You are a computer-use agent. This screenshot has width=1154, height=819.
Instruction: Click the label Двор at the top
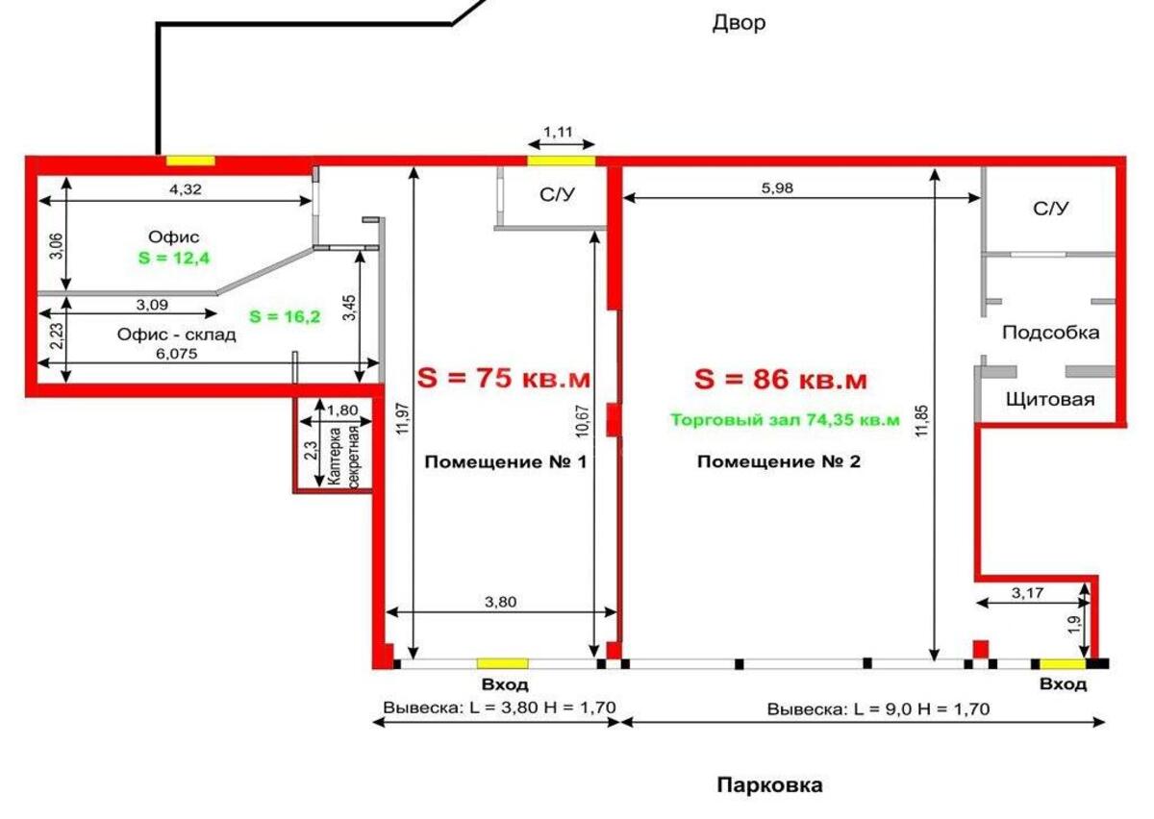(x=739, y=23)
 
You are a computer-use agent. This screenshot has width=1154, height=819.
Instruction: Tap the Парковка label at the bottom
(x=769, y=785)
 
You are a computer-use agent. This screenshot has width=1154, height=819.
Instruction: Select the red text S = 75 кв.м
(x=504, y=379)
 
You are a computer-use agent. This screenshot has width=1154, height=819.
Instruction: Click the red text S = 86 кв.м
(x=780, y=380)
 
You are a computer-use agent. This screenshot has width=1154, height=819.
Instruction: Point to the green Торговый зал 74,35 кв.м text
(x=785, y=419)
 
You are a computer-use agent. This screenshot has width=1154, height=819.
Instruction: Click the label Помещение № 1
(x=505, y=462)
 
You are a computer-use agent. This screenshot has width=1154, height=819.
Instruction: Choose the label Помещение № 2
(x=779, y=462)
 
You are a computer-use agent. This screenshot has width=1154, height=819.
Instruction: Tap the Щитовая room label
(x=1049, y=399)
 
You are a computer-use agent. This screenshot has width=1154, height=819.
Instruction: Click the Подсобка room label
(x=1050, y=333)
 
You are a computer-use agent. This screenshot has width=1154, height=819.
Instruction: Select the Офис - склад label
(x=176, y=335)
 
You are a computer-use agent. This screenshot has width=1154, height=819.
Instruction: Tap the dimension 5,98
(x=777, y=188)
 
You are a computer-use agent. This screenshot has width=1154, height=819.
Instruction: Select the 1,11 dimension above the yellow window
(x=560, y=131)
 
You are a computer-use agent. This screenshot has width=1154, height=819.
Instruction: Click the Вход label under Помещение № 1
(x=505, y=684)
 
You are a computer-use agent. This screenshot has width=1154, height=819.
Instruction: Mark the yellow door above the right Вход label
(x=1062, y=663)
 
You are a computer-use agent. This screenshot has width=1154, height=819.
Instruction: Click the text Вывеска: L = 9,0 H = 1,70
(x=878, y=709)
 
